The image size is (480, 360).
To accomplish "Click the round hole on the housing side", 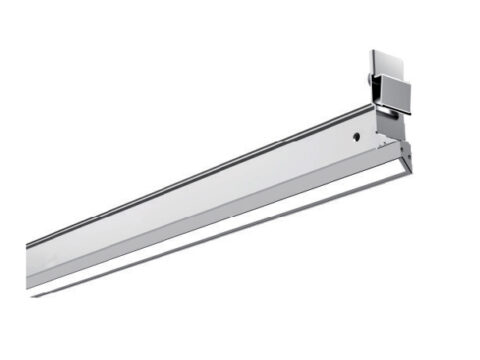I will [355, 133].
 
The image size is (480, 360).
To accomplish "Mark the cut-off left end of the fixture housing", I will [29, 262].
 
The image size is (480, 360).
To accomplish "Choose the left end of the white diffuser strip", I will [35, 289].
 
